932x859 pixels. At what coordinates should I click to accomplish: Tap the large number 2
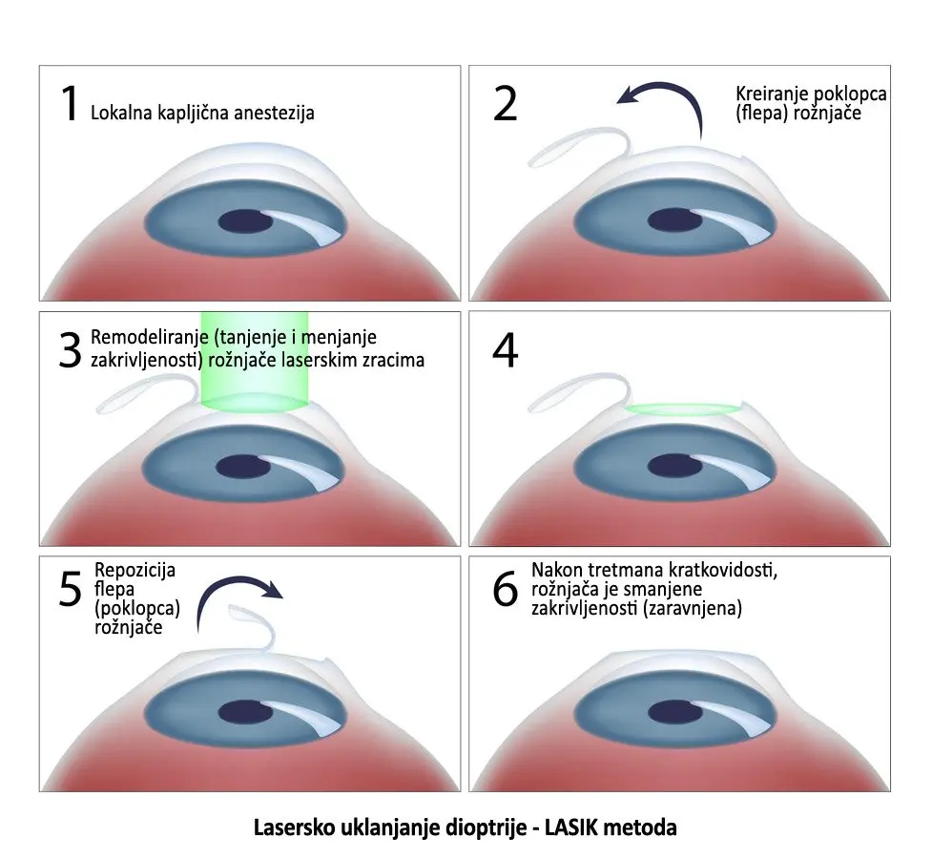tap(505, 103)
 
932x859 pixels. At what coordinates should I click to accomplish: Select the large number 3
tap(70, 349)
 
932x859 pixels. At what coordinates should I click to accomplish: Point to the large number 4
tap(505, 349)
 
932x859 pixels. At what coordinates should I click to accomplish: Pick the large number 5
tap(70, 590)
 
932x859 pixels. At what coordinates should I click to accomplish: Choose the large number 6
tap(505, 590)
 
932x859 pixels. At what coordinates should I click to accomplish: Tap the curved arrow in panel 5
tap(238, 594)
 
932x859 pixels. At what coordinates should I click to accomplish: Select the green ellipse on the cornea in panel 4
tap(681, 409)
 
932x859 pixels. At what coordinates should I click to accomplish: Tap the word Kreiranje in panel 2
tap(769, 94)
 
